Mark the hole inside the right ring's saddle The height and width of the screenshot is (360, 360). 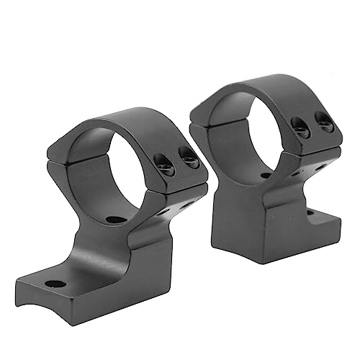[x=266, y=175]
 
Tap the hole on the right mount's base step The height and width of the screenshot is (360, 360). [x=310, y=213]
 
